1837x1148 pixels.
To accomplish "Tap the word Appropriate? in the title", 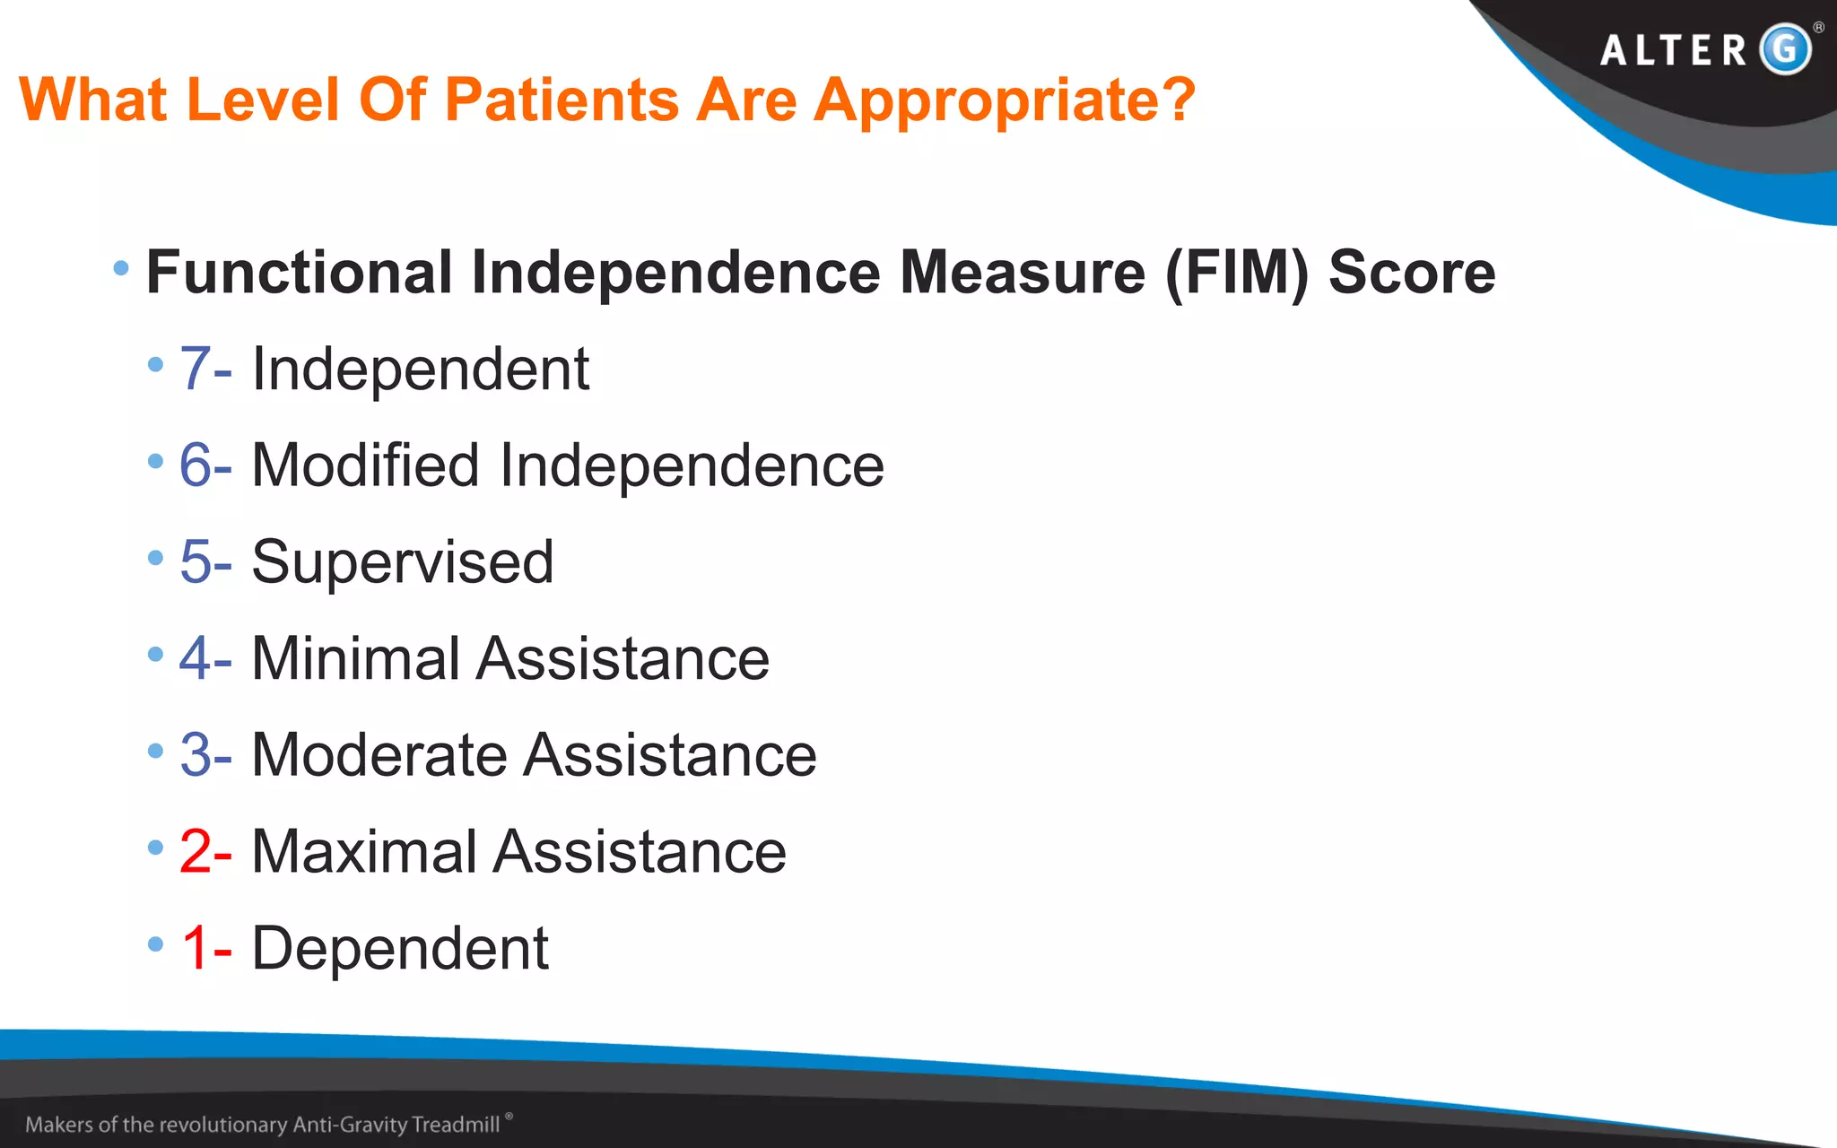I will tap(1005, 100).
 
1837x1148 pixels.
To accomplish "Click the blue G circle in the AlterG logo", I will tap(1785, 48).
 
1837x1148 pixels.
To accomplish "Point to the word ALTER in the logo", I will tap(1674, 50).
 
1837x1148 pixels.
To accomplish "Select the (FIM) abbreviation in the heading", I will tap(1237, 273).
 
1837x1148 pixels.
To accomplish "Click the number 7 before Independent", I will tap(196, 369).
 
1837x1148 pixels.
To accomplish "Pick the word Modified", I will tap(365, 465).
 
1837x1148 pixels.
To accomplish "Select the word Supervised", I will tap(403, 562).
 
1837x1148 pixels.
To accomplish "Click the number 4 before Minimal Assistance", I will tap(195, 658).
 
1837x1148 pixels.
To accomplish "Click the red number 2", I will tap(196, 851).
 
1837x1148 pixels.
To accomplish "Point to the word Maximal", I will tap(364, 851).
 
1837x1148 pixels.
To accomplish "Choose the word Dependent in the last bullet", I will tap(400, 948).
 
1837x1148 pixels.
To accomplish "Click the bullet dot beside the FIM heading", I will tap(121, 267).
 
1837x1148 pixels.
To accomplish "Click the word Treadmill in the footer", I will tap(456, 1125).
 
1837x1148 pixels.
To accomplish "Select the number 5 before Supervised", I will tap(196, 562).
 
